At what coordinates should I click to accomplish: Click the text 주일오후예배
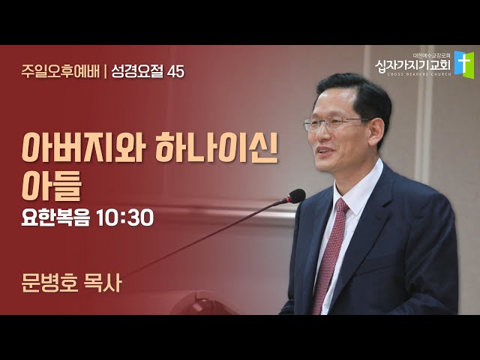(x=60, y=71)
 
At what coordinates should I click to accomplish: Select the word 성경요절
(x=138, y=71)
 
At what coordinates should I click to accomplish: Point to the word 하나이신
(x=217, y=148)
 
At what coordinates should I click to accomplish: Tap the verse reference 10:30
(x=125, y=218)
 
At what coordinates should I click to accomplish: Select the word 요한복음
(x=56, y=217)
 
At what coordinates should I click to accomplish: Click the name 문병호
(x=49, y=283)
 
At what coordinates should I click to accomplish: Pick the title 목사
(x=103, y=283)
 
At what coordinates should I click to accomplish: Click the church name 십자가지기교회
(x=413, y=65)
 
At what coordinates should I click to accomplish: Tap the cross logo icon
(x=464, y=64)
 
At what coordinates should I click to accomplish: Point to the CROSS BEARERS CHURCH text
(x=419, y=74)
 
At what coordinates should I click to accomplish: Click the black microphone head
(x=296, y=196)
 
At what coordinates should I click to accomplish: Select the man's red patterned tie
(x=329, y=255)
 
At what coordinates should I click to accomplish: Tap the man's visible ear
(x=376, y=133)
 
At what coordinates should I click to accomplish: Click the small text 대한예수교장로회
(x=432, y=55)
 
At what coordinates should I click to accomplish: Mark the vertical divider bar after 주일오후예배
(x=105, y=72)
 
